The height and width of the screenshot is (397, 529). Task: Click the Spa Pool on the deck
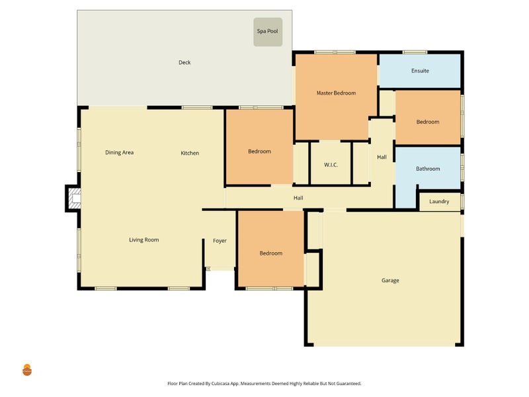click(268, 32)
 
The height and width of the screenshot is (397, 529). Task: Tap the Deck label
click(184, 62)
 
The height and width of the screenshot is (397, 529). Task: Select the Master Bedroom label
click(336, 93)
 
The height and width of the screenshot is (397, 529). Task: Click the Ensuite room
click(420, 71)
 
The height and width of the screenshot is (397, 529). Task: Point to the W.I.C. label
click(331, 165)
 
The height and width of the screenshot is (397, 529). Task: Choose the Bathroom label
click(428, 169)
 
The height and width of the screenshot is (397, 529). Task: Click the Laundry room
click(440, 202)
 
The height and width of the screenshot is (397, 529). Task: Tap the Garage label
click(390, 280)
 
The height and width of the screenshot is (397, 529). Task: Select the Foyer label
click(220, 241)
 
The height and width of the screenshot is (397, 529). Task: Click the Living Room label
click(144, 240)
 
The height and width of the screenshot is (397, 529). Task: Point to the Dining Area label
click(120, 153)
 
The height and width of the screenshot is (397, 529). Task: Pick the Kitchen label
click(190, 153)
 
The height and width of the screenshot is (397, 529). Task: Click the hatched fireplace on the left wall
click(75, 198)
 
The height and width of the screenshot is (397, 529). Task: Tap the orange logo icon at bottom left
click(27, 370)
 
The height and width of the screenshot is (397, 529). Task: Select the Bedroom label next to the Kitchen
click(259, 152)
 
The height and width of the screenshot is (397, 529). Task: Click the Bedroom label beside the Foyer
click(271, 253)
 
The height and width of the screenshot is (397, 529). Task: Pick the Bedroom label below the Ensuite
click(428, 122)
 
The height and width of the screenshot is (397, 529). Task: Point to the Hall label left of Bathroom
click(382, 157)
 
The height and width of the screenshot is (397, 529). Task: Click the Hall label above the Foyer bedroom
click(298, 198)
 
